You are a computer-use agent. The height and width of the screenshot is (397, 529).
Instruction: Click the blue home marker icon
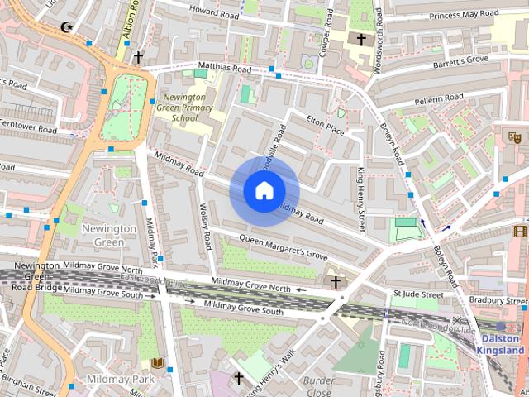[x=264, y=191]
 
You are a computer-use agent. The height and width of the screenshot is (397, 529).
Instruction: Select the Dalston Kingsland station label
[x=501, y=344]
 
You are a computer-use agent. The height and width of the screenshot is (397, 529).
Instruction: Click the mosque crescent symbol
[x=67, y=28]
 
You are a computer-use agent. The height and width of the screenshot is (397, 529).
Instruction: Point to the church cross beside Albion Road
[x=138, y=57]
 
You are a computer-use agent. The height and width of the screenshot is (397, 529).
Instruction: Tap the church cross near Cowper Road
[x=360, y=39]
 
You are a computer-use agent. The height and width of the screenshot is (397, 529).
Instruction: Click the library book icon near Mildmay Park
[x=157, y=363]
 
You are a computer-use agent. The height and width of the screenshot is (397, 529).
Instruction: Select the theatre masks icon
[x=514, y=136]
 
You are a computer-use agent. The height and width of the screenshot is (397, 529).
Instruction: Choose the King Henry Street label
[x=360, y=198]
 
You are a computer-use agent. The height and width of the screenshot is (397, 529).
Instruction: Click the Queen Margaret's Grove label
[x=284, y=245]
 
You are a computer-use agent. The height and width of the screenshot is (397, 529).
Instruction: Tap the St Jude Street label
[x=418, y=294]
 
